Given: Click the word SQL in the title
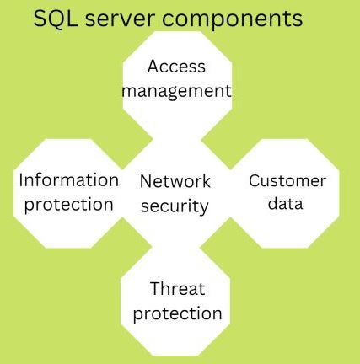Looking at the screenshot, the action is pyautogui.click(x=56, y=19).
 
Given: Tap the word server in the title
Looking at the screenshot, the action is pyautogui.click(x=121, y=19).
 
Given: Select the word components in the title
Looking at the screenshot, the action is pyautogui.click(x=233, y=20).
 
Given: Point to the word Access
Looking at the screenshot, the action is pyautogui.click(x=176, y=67).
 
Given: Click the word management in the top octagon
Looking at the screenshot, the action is pyautogui.click(x=177, y=92).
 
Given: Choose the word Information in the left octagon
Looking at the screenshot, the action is pyautogui.click(x=69, y=180).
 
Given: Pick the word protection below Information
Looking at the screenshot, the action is pyautogui.click(x=69, y=205).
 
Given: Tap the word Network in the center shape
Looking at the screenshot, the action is pyautogui.click(x=175, y=181).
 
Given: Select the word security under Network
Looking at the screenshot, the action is pyautogui.click(x=175, y=206).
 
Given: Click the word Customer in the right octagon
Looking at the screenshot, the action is pyautogui.click(x=287, y=180).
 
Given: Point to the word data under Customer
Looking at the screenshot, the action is pyautogui.click(x=286, y=204).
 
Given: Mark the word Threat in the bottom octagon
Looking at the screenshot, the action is pyautogui.click(x=178, y=289).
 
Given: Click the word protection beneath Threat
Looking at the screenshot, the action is pyautogui.click(x=178, y=313).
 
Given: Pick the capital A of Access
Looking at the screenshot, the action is pyautogui.click(x=153, y=67).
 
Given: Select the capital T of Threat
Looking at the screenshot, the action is pyautogui.click(x=155, y=289).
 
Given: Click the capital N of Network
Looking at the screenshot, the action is pyautogui.click(x=146, y=181).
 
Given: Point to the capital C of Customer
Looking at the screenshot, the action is pyautogui.click(x=255, y=180).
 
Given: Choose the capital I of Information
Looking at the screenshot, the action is pyautogui.click(x=21, y=180).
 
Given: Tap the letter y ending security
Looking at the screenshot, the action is pyautogui.click(x=204, y=208).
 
